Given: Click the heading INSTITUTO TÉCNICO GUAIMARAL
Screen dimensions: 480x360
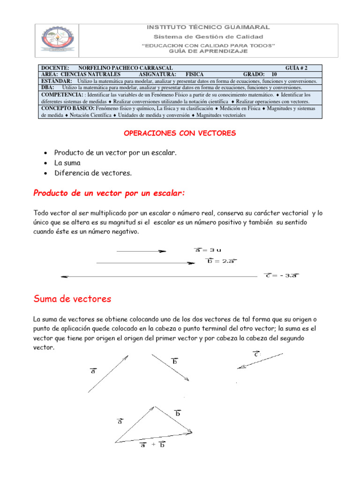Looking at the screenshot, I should point(209,28).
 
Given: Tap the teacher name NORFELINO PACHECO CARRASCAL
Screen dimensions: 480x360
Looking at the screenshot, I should point(125,68).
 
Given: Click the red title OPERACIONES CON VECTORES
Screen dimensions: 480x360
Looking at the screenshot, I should point(180,134).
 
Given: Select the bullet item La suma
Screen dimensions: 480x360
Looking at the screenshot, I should point(67,163).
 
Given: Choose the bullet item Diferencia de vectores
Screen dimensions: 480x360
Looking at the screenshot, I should point(93,173).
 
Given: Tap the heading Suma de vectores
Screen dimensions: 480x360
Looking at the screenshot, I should point(72,299).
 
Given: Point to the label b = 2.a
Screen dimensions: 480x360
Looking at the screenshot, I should point(220,261).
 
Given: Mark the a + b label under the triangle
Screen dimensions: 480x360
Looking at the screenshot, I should point(152,445).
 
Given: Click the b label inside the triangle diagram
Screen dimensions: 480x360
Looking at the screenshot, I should point(178,413).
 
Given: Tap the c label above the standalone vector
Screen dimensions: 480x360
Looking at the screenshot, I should point(256,354).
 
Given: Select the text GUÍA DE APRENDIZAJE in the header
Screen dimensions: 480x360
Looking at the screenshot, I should point(209,51).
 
